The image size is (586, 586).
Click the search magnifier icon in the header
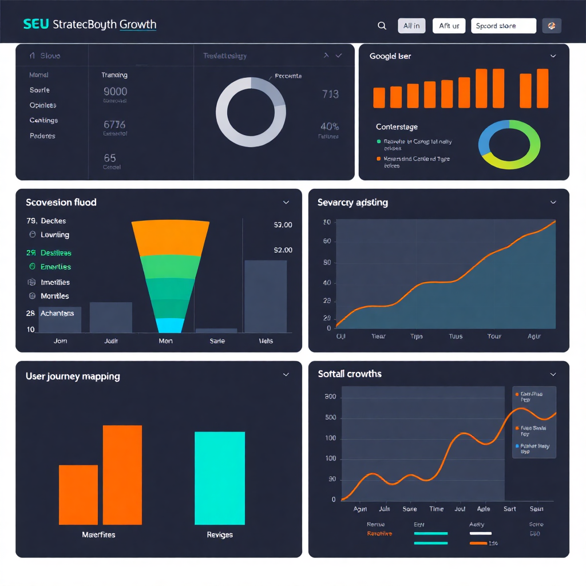pyautogui.click(x=382, y=26)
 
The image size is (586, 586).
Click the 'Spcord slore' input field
pyautogui.click(x=503, y=26)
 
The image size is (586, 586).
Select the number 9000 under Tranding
pyautogui.click(x=115, y=91)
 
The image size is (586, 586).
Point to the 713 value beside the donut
pyautogui.click(x=330, y=94)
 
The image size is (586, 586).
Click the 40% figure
pyautogui.click(x=330, y=126)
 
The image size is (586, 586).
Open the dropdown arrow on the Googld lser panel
pyautogui.click(x=553, y=56)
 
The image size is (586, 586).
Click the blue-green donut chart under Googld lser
pyautogui.click(x=509, y=145)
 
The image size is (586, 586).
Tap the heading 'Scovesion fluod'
pyautogui.click(x=61, y=202)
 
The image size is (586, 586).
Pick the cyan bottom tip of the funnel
pyautogui.click(x=170, y=326)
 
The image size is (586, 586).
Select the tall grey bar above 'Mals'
pyautogui.click(x=266, y=296)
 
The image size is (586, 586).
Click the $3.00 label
pyautogui.click(x=283, y=225)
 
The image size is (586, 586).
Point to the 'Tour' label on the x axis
pyautogui.click(x=494, y=336)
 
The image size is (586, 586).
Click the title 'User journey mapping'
pyautogui.click(x=73, y=376)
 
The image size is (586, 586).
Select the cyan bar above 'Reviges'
pyautogui.click(x=220, y=478)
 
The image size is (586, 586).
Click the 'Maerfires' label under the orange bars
pyautogui.click(x=98, y=534)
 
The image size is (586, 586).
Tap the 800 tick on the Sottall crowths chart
pyautogui.click(x=330, y=397)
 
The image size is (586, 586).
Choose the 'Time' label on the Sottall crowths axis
pyautogui.click(x=436, y=509)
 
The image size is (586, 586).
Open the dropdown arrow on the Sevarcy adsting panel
pyautogui.click(x=553, y=202)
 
